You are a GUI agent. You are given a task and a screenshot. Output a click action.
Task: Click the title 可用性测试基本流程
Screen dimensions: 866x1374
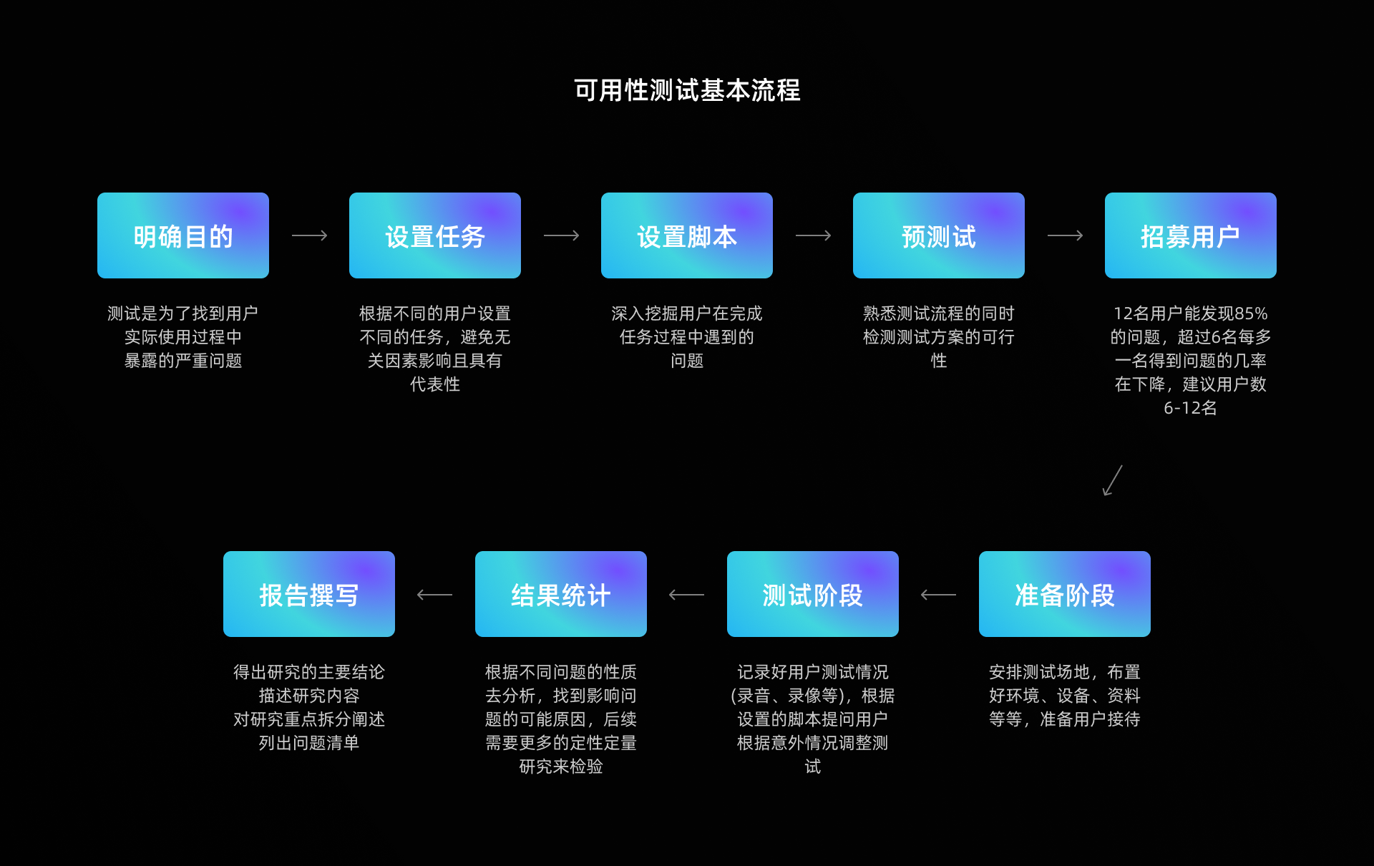[x=687, y=90]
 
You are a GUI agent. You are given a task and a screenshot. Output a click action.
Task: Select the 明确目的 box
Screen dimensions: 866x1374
[x=183, y=235]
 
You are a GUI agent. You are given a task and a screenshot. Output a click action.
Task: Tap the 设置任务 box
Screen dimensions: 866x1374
[x=435, y=235]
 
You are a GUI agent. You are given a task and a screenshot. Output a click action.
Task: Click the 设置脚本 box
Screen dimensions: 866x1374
[x=687, y=235]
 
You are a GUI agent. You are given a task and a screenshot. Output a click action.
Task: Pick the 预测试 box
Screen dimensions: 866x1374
[x=939, y=235]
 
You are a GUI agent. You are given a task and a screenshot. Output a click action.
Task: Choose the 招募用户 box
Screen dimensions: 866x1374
[x=1191, y=235]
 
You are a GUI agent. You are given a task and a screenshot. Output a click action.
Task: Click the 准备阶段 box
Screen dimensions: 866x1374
[x=1065, y=594]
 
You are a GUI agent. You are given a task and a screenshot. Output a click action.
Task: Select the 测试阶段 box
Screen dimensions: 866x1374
[x=813, y=594]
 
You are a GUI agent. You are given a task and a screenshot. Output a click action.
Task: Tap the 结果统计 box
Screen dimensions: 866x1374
[x=561, y=594]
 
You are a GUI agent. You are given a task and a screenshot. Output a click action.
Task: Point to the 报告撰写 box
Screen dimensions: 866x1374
[x=309, y=594]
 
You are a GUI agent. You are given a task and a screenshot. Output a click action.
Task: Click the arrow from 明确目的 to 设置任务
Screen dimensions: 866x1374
[x=309, y=235]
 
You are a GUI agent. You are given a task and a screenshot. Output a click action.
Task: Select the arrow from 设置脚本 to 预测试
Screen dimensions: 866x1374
[x=813, y=235]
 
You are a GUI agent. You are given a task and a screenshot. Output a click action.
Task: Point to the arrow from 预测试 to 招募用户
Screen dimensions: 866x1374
[x=1065, y=235]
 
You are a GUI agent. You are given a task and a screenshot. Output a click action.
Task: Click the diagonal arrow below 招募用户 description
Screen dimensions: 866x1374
[x=1112, y=480]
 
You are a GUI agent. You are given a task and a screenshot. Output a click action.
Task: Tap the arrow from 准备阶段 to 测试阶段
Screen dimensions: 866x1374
[x=938, y=595]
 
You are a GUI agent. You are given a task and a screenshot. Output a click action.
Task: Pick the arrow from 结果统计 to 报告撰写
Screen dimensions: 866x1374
[x=434, y=595]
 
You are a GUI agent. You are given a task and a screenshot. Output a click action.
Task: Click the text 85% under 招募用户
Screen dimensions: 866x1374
[x=1251, y=313]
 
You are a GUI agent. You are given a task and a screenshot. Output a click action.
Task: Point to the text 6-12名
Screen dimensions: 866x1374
[x=1190, y=408]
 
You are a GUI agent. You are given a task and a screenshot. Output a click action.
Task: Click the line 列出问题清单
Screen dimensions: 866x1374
[x=309, y=743]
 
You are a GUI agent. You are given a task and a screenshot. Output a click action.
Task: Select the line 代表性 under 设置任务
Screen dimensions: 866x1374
[x=435, y=384]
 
